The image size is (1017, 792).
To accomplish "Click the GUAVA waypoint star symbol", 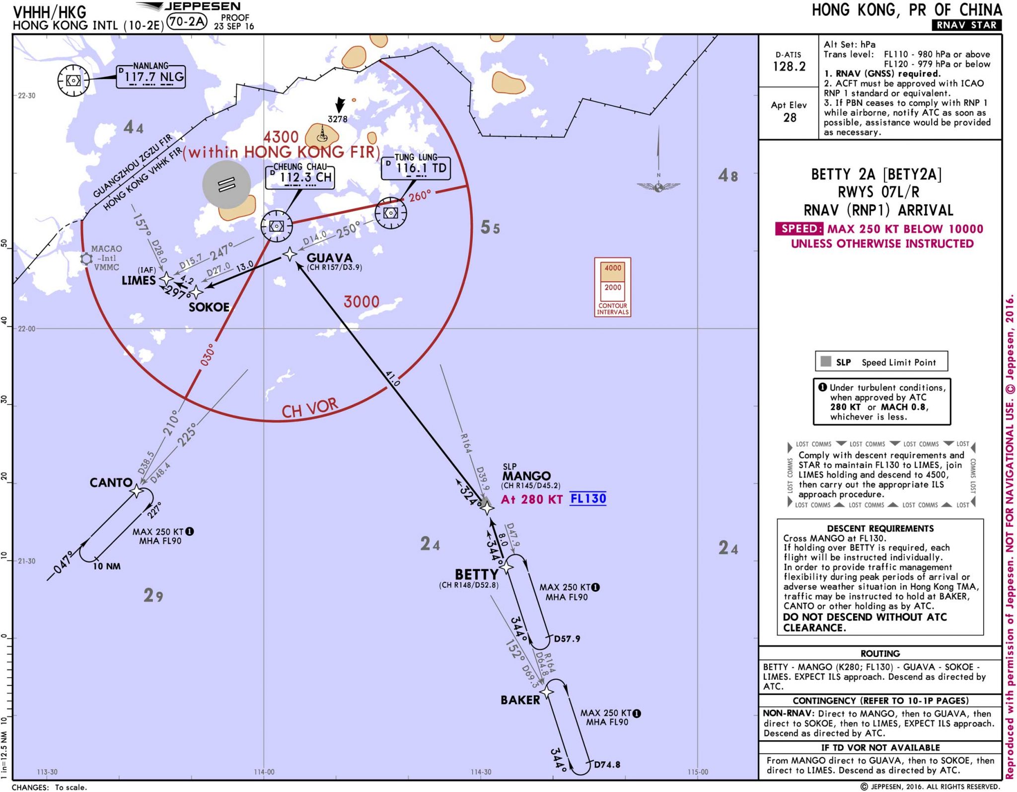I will tap(290, 254).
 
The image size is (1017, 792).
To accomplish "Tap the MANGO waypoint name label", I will tap(526, 476).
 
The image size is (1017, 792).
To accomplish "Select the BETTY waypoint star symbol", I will tap(506, 567).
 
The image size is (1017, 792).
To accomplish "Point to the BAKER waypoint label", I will tap(520, 700).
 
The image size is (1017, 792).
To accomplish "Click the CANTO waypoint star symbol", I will tap(136, 491).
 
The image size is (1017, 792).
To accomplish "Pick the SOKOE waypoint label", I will tap(209, 307).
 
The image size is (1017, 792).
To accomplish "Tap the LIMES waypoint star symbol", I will tap(166, 279).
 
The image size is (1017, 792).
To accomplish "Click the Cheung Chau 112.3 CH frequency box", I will tap(300, 176).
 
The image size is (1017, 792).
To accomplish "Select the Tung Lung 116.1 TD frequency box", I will tap(416, 167).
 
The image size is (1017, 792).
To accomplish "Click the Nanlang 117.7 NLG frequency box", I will tap(151, 77).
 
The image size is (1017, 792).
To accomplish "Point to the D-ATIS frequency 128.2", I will tap(789, 67).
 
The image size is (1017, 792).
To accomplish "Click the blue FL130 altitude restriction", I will tap(588, 499).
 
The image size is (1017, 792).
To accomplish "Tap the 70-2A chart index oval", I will tap(186, 21).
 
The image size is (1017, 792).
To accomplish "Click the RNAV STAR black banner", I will tap(966, 25).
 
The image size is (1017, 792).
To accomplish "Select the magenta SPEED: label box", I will tap(799, 229).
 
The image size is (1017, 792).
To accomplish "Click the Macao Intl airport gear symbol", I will tap(86, 258).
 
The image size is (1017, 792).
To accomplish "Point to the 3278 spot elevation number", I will tap(338, 119).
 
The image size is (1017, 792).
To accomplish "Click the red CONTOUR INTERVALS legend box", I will tap(613, 287).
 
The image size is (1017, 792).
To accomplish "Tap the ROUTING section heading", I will tap(880, 653).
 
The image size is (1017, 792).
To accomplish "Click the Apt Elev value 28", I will tap(790, 118).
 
